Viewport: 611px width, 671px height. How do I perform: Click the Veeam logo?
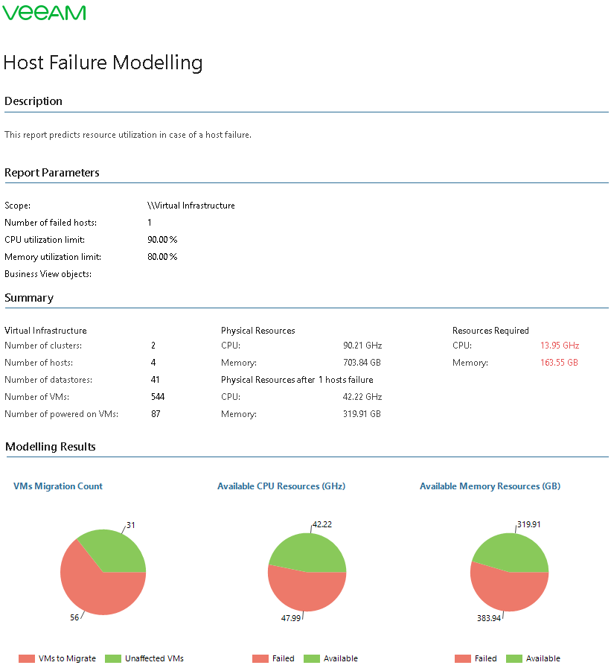45,13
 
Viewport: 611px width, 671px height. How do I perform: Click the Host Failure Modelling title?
103,63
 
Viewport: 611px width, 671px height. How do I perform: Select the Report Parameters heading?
52,173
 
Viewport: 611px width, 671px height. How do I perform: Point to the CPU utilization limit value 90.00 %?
162,240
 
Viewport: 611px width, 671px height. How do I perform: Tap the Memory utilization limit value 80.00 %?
162,257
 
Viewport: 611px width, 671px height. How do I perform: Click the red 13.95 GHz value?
560,346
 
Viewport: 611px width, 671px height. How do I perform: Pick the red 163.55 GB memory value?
559,363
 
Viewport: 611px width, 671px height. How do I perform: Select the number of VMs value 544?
158,397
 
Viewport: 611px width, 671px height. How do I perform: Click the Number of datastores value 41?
155,380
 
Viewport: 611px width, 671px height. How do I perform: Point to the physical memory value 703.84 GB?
362,363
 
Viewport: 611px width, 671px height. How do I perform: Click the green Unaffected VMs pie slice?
115,551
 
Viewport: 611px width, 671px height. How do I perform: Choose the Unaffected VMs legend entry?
153,658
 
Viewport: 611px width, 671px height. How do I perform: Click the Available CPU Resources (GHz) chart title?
281,486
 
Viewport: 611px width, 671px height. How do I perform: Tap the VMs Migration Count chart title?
58,486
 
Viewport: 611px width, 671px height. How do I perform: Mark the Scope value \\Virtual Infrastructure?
191,206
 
